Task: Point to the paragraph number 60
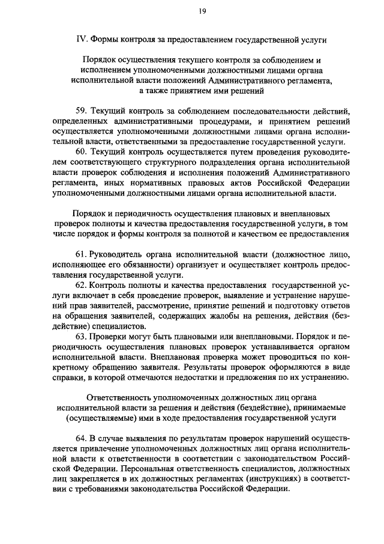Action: [x=82, y=152]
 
